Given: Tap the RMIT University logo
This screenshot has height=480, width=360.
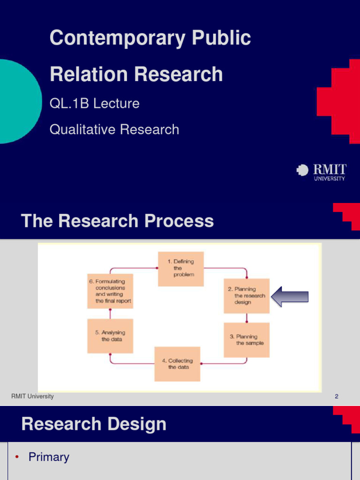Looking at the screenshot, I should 322,172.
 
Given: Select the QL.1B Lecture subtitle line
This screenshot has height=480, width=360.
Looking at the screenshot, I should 94,103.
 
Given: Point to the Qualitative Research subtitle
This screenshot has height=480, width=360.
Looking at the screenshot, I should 114,129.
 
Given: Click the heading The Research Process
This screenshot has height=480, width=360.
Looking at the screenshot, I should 117,221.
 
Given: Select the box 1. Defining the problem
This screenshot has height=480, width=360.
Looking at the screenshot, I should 180,269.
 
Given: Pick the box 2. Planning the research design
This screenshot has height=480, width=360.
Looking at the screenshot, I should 247,296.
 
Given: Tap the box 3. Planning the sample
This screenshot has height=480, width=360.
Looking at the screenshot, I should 247,340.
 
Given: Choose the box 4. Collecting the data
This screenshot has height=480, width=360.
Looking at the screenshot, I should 177,364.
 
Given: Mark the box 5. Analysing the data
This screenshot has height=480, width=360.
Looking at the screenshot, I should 110,336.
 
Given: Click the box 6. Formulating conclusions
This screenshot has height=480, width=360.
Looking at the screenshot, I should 110,291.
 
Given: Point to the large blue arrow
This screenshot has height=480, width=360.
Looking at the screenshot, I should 290,297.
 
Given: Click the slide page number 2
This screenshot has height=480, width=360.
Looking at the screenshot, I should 336,397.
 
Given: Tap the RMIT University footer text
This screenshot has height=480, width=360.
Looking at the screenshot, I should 32,397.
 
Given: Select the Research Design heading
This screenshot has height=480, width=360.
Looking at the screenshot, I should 94,424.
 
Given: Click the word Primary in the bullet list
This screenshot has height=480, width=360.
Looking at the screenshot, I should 49,457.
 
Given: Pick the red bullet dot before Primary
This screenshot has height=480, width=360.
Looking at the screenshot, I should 16,457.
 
